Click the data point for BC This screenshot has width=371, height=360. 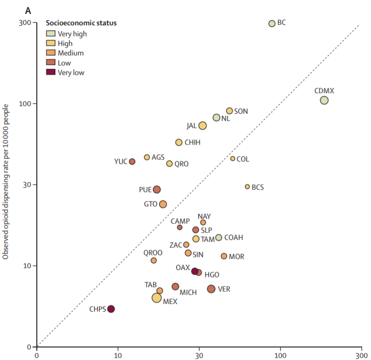click(x=272, y=23)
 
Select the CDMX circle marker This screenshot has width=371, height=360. click(x=324, y=100)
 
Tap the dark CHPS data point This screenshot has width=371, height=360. click(x=111, y=309)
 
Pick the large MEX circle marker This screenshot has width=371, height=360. click(x=157, y=298)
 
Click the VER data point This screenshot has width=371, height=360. click(x=211, y=289)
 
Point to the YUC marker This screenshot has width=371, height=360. click(x=132, y=161)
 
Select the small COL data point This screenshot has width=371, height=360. click(x=233, y=159)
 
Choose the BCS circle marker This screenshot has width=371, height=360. click(x=247, y=187)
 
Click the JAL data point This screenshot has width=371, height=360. click(x=202, y=126)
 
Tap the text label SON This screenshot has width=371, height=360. click(x=241, y=111)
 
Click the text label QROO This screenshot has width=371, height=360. click(x=153, y=252)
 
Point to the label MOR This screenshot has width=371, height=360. click(x=236, y=257)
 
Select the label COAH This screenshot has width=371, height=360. click(x=233, y=238)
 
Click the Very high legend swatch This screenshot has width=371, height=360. click(x=50, y=33)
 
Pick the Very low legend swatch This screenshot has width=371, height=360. click(x=50, y=72)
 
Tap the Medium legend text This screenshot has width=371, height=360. click(x=71, y=53)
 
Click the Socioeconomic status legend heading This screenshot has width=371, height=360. click(x=81, y=22)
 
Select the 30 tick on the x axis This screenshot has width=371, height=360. click(x=199, y=355)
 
